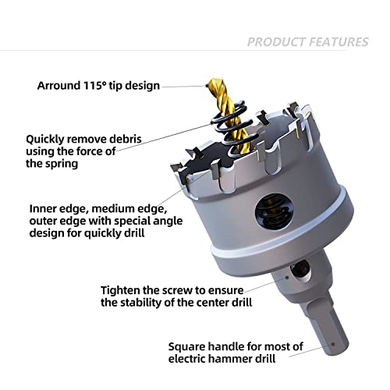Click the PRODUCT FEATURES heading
307,41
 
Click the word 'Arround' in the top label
57,85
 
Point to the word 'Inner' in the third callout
44,209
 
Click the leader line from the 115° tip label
183,85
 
